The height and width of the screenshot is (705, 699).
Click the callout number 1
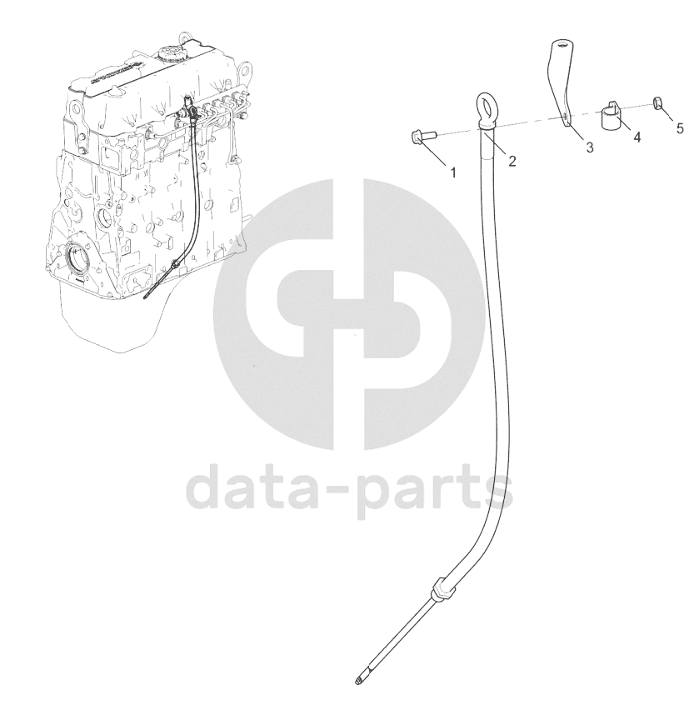click(454, 172)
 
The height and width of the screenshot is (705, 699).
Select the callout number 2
click(512, 161)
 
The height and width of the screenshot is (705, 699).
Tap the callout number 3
click(589, 147)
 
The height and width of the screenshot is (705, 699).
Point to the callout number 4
click(637, 137)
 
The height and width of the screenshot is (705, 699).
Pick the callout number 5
click(679, 129)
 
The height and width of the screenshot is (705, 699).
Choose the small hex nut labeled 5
click(657, 103)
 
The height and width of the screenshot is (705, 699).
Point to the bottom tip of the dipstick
click(358, 681)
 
